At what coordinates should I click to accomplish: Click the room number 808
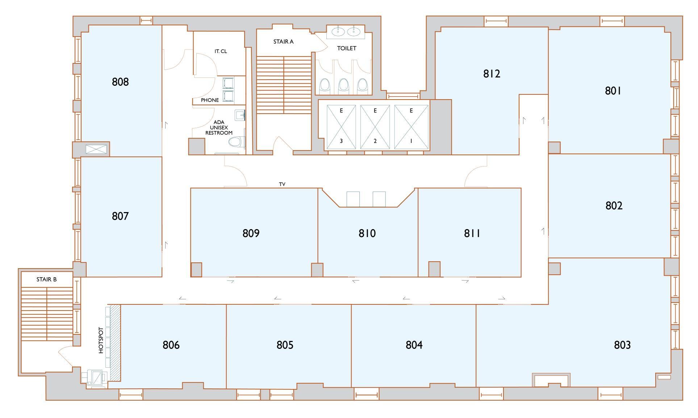(x=120, y=82)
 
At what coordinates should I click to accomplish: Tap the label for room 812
(x=492, y=74)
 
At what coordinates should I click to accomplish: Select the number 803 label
(x=622, y=345)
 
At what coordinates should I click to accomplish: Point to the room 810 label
(x=367, y=233)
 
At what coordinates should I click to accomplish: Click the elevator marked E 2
(x=375, y=127)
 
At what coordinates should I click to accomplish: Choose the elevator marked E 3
(x=341, y=127)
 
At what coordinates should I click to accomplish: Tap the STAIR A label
(x=283, y=42)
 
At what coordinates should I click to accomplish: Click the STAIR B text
(x=46, y=279)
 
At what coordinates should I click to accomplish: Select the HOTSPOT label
(x=101, y=340)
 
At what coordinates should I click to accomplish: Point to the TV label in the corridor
(x=282, y=184)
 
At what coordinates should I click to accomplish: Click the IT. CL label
(x=221, y=51)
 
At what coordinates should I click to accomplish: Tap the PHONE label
(x=210, y=100)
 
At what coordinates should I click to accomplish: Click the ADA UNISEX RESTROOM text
(x=219, y=128)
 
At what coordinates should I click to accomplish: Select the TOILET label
(x=347, y=48)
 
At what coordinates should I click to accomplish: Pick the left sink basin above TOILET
(x=338, y=32)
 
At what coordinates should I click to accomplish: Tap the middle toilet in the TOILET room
(x=343, y=86)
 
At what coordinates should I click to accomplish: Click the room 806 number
(x=171, y=345)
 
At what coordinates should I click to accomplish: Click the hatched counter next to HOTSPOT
(x=115, y=342)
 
